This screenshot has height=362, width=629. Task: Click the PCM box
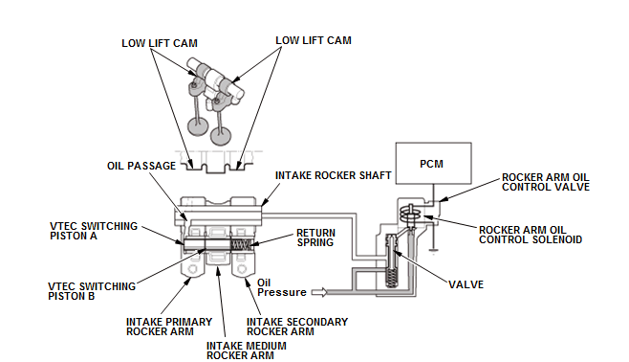pos(433,163)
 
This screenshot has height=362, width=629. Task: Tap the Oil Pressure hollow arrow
pos(319,292)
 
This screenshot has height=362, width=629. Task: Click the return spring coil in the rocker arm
pos(242,244)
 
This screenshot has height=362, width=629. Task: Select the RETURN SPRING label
pos(315,238)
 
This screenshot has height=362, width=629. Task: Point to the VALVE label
pos(466,284)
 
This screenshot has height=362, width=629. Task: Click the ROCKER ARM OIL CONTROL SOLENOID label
pos(531,235)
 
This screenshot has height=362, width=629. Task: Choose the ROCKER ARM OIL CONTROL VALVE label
pos(546,182)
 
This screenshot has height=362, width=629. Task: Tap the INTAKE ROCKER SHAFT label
pos(333,175)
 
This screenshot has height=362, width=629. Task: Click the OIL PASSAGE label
pos(141,166)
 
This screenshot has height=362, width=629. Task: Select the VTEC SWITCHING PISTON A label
pos(94,231)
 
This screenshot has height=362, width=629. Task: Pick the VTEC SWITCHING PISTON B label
pos(92,291)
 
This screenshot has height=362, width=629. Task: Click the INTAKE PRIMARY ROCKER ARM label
pos(169,327)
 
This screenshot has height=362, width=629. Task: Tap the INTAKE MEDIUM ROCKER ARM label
pos(247,351)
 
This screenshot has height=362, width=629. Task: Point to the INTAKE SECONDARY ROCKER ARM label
pos(297,327)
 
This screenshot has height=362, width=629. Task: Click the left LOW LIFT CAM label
pos(160,43)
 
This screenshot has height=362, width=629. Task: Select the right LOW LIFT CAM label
pos(314,40)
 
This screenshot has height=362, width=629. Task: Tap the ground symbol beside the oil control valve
pos(433,252)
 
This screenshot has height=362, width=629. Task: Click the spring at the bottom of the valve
pos(391,277)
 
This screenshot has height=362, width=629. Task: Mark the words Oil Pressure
pos(282,287)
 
